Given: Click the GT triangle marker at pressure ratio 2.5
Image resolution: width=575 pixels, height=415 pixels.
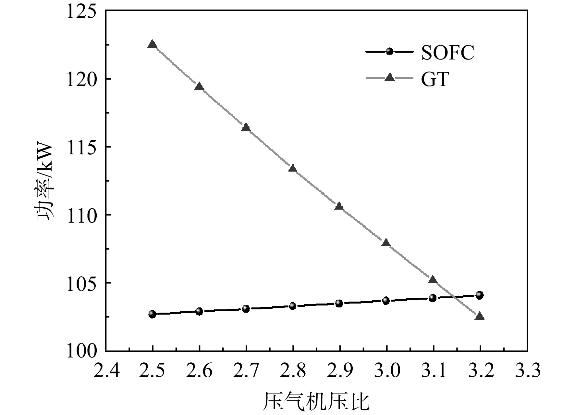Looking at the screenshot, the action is (152, 44).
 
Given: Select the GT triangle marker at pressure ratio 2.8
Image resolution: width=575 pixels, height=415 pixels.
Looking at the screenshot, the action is (293, 168).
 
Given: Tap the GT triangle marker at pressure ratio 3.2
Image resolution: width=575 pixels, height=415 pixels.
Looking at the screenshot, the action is (480, 316).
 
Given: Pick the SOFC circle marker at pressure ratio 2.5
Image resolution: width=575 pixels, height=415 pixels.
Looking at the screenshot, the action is (152, 314).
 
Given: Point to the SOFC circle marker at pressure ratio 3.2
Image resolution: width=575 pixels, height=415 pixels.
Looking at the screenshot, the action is (480, 295).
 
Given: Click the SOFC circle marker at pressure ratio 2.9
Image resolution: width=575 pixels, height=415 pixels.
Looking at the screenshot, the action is (339, 303).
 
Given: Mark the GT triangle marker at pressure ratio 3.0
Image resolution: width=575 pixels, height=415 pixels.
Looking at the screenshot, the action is (386, 243).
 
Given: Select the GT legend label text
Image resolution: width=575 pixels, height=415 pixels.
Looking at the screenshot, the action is (435, 79).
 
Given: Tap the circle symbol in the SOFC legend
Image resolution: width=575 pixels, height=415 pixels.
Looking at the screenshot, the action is (389, 51).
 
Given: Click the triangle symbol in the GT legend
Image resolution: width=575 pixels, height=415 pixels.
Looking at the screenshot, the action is (389, 77).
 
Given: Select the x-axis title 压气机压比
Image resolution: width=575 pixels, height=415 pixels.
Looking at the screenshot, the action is (316, 402).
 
